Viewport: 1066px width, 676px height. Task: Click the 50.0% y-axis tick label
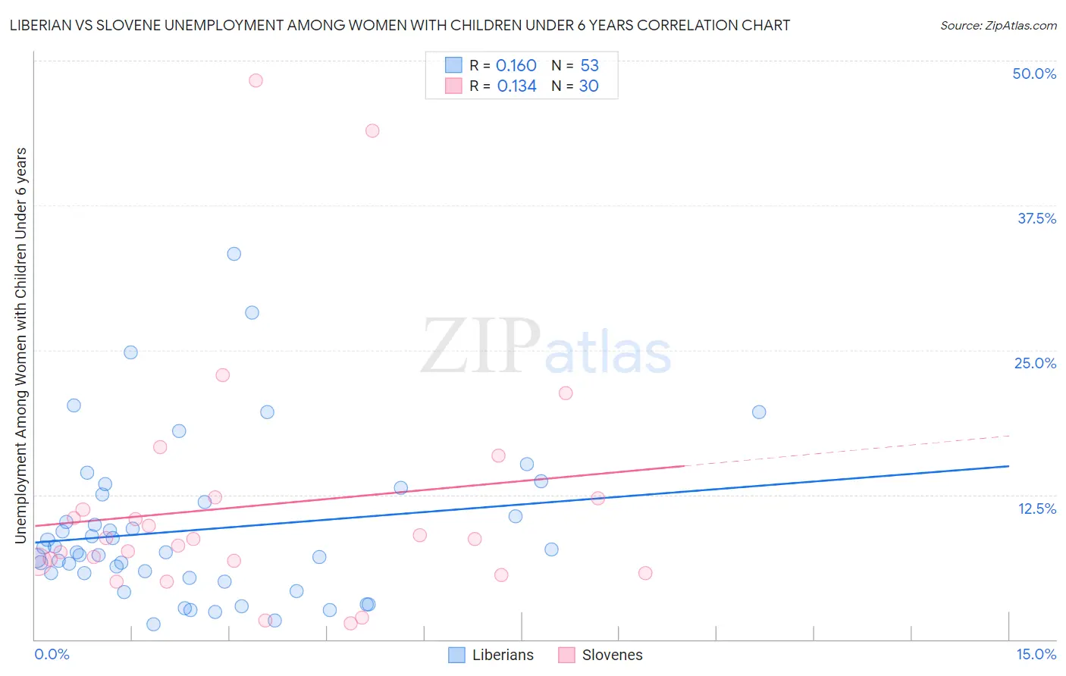[1034, 74]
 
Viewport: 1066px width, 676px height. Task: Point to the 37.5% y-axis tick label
[1036, 218]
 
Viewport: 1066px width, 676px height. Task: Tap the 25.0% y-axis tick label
[1035, 363]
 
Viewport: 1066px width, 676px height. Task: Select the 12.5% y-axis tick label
[1036, 508]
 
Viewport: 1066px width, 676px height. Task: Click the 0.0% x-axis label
[52, 654]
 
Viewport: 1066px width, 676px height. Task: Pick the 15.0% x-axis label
[1036, 654]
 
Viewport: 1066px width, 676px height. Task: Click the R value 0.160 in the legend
[516, 66]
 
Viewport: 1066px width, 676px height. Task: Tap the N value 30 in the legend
[588, 86]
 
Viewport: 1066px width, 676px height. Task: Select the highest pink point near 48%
[256, 80]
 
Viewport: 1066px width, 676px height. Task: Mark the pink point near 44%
[372, 130]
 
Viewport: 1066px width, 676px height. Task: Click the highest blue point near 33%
[234, 254]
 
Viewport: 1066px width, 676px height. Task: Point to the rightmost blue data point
[759, 412]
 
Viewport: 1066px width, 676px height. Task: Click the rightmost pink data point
[645, 573]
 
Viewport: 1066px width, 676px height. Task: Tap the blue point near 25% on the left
[130, 352]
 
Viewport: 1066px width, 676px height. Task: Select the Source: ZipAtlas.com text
[998, 26]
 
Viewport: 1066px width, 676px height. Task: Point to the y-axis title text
[21, 345]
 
